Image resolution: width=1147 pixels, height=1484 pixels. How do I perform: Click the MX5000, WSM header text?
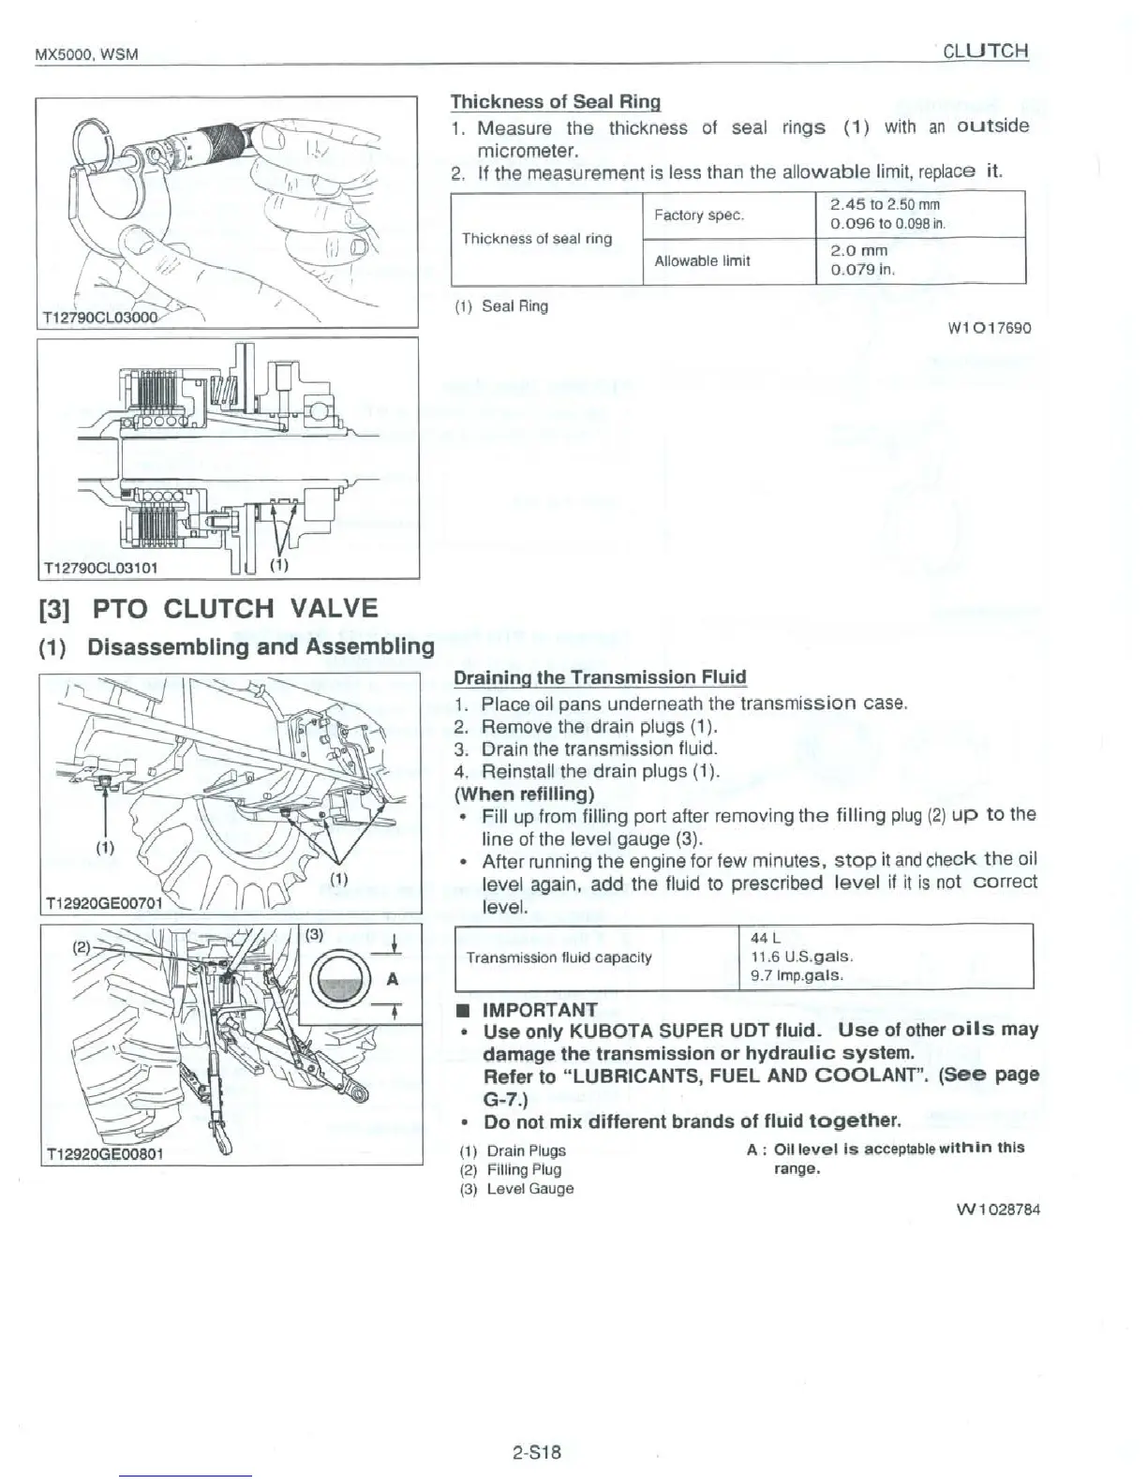pyautogui.click(x=86, y=53)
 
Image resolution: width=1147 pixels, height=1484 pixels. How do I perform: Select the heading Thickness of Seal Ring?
pyautogui.click(x=556, y=101)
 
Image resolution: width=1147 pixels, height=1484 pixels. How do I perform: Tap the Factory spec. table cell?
pyautogui.click(x=699, y=215)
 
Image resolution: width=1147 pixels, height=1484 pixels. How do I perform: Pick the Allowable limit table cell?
pyautogui.click(x=702, y=260)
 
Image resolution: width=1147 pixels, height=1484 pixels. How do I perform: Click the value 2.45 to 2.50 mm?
pyautogui.click(x=885, y=204)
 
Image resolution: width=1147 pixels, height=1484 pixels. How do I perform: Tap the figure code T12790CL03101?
pyautogui.click(x=101, y=567)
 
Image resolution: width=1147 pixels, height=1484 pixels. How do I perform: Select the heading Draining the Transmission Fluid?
pyautogui.click(x=600, y=676)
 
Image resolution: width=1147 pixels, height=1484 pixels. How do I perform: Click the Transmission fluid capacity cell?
pyautogui.click(x=559, y=957)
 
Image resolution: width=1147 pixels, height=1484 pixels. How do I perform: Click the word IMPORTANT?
pyautogui.click(x=540, y=1009)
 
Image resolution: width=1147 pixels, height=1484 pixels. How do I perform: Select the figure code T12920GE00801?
pyautogui.click(x=104, y=1153)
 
